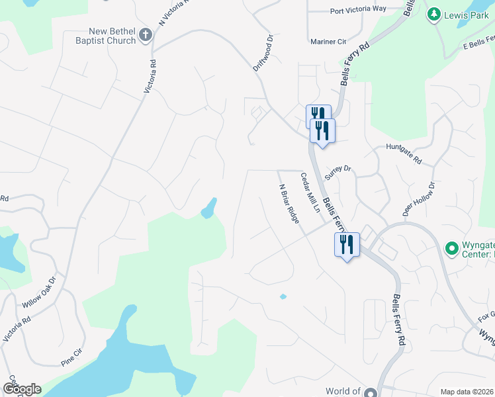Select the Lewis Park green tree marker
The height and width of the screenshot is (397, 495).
pos(434,14)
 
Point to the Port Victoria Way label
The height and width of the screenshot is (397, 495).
pos(357,10)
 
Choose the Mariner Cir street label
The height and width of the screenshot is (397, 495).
pos(329,42)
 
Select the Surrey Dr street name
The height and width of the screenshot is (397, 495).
pos(337,169)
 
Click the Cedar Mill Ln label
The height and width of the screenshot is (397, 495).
pos(310,193)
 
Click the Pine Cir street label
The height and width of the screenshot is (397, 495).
pos(72,362)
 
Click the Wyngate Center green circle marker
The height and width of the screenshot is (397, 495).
pos(452,248)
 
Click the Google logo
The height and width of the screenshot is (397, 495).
pos(21,389)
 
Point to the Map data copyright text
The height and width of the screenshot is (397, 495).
pos(467,392)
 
